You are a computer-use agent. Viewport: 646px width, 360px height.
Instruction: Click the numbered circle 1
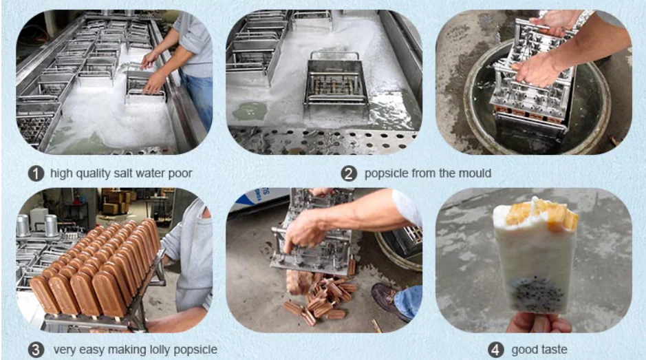pos(36,173)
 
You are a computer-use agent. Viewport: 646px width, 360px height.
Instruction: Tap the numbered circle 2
pos(349,173)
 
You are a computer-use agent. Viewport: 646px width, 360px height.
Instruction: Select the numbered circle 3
pos(36,350)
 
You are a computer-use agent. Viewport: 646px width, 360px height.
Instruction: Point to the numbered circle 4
pos(495,350)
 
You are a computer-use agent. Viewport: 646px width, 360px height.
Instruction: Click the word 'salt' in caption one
pos(122,173)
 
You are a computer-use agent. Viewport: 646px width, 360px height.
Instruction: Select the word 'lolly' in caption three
pos(160,350)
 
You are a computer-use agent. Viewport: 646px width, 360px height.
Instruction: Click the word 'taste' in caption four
pos(554,350)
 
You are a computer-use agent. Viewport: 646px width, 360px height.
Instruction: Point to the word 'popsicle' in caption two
pos(386,174)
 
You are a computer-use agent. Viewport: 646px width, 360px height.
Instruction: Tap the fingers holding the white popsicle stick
pos(539,322)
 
